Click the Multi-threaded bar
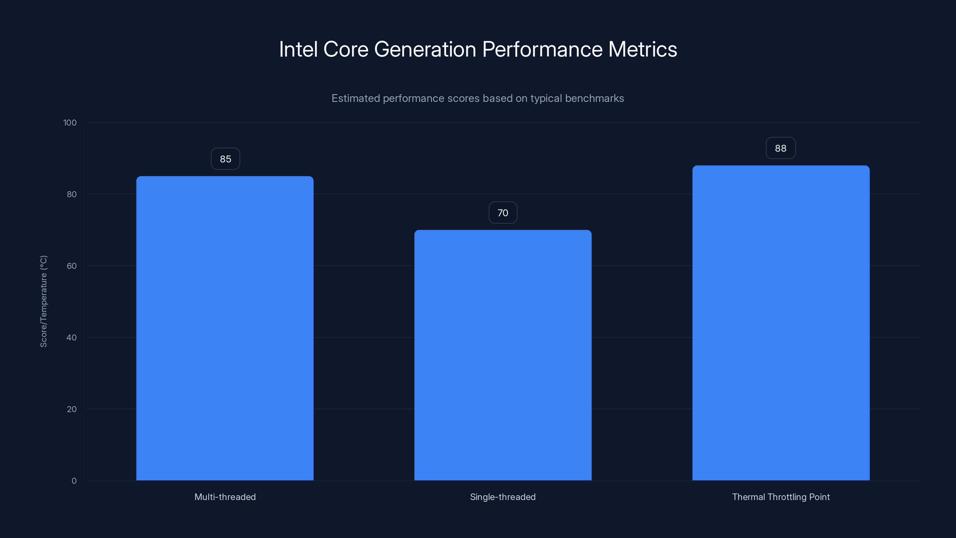225,328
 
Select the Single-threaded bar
503,355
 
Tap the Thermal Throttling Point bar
781,323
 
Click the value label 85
225,159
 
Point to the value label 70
503,213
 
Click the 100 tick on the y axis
70,123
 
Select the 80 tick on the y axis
72,194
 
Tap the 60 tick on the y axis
72,266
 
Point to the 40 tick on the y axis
72,337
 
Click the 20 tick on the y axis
72,409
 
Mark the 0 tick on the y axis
74,481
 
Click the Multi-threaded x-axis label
225,497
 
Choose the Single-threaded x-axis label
503,497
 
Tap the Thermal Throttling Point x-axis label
781,497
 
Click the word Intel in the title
298,49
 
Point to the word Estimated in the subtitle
356,98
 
